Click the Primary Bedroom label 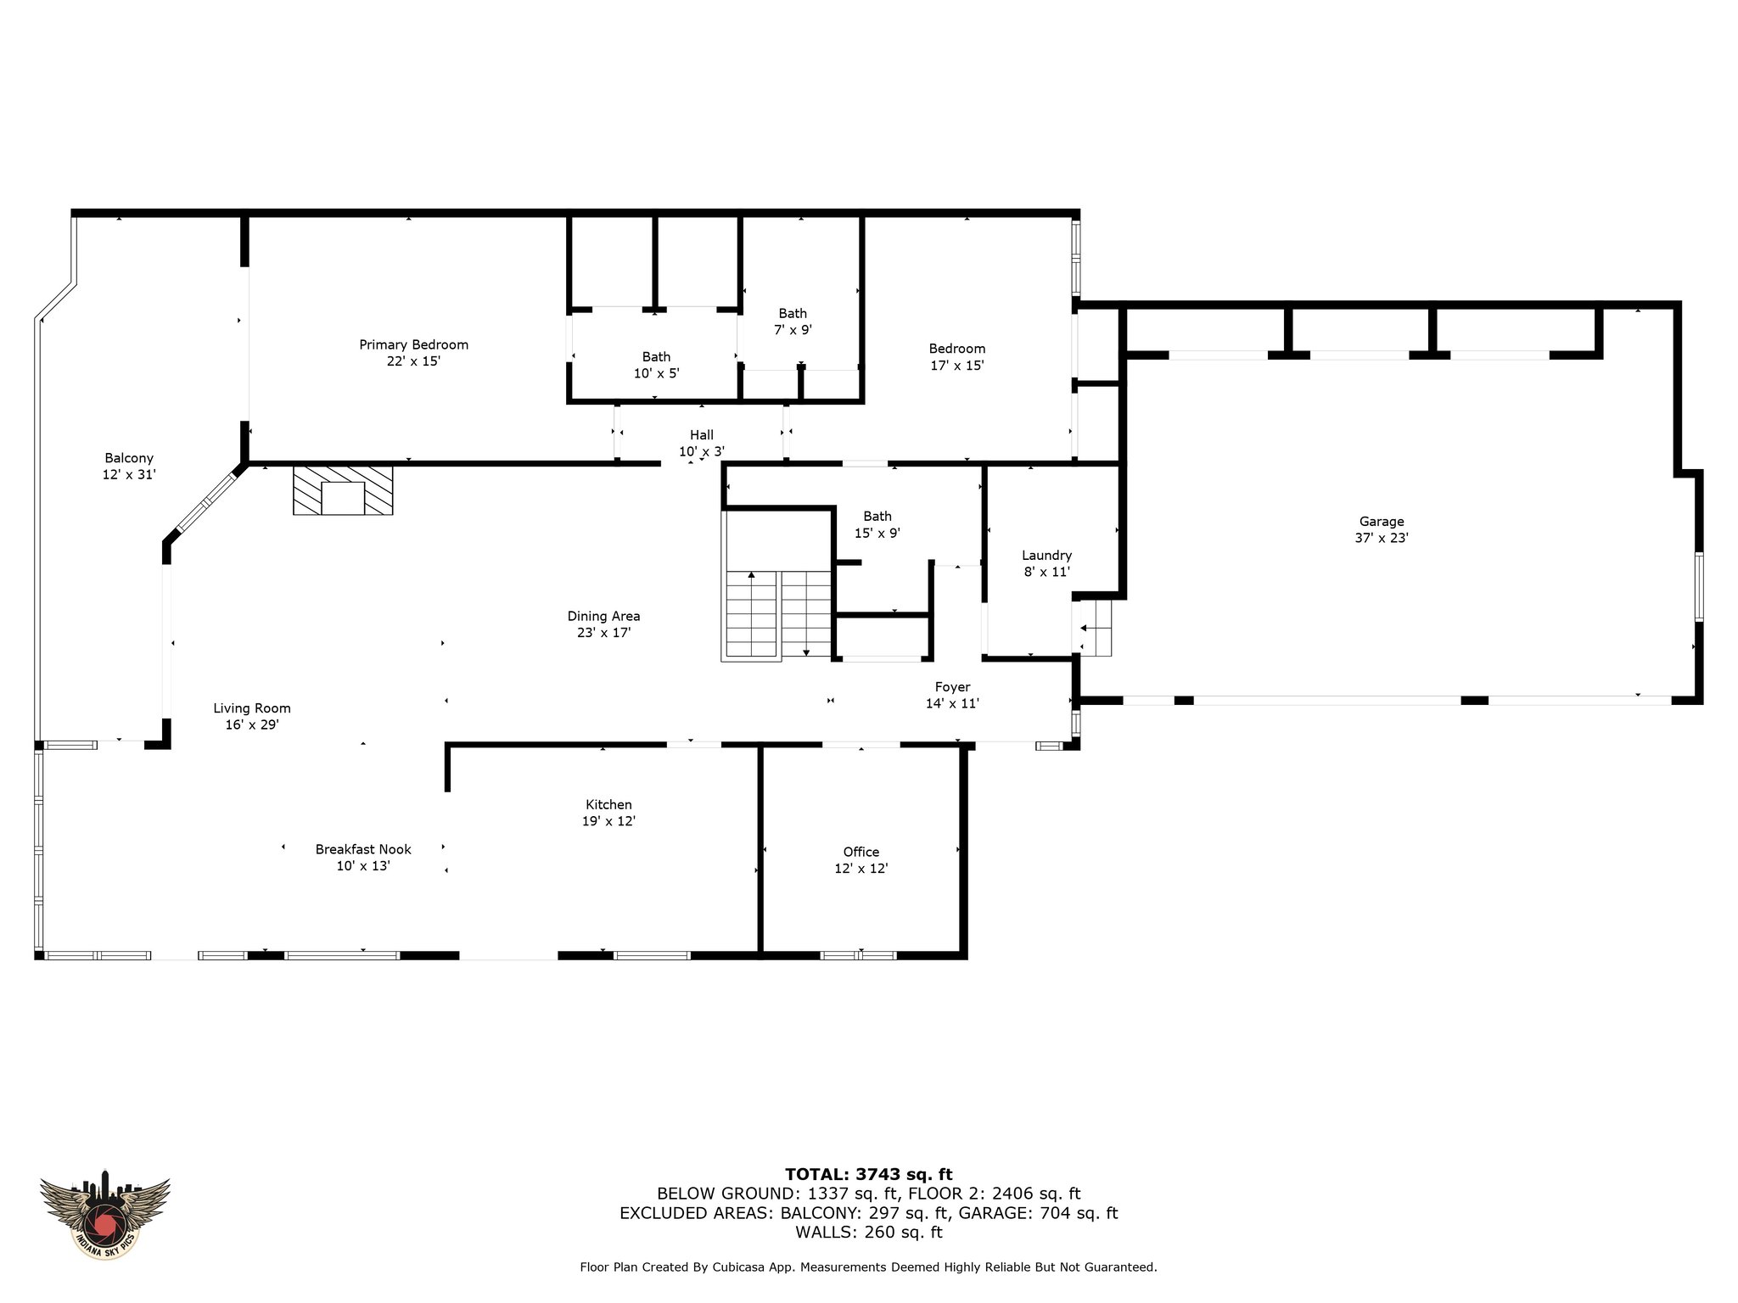pyautogui.click(x=413, y=353)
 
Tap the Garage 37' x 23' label pyautogui.click(x=1382, y=529)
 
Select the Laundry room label pyautogui.click(x=1046, y=563)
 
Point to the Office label pyautogui.click(x=861, y=860)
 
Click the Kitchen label pyautogui.click(x=608, y=813)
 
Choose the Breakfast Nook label pyautogui.click(x=363, y=858)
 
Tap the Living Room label pyautogui.click(x=252, y=717)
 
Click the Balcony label pyautogui.click(x=129, y=467)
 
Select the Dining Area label pyautogui.click(x=603, y=624)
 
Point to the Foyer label pyautogui.click(x=952, y=695)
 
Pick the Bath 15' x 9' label pyautogui.click(x=877, y=524)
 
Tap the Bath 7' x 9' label pyautogui.click(x=793, y=322)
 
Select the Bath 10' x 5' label pyautogui.click(x=656, y=365)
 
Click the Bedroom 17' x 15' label pyautogui.click(x=957, y=357)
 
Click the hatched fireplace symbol pyautogui.click(x=343, y=489)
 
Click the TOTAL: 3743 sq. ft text pyautogui.click(x=868, y=1174)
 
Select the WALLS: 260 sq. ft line pyautogui.click(x=868, y=1232)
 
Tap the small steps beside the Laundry pyautogui.click(x=1095, y=628)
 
